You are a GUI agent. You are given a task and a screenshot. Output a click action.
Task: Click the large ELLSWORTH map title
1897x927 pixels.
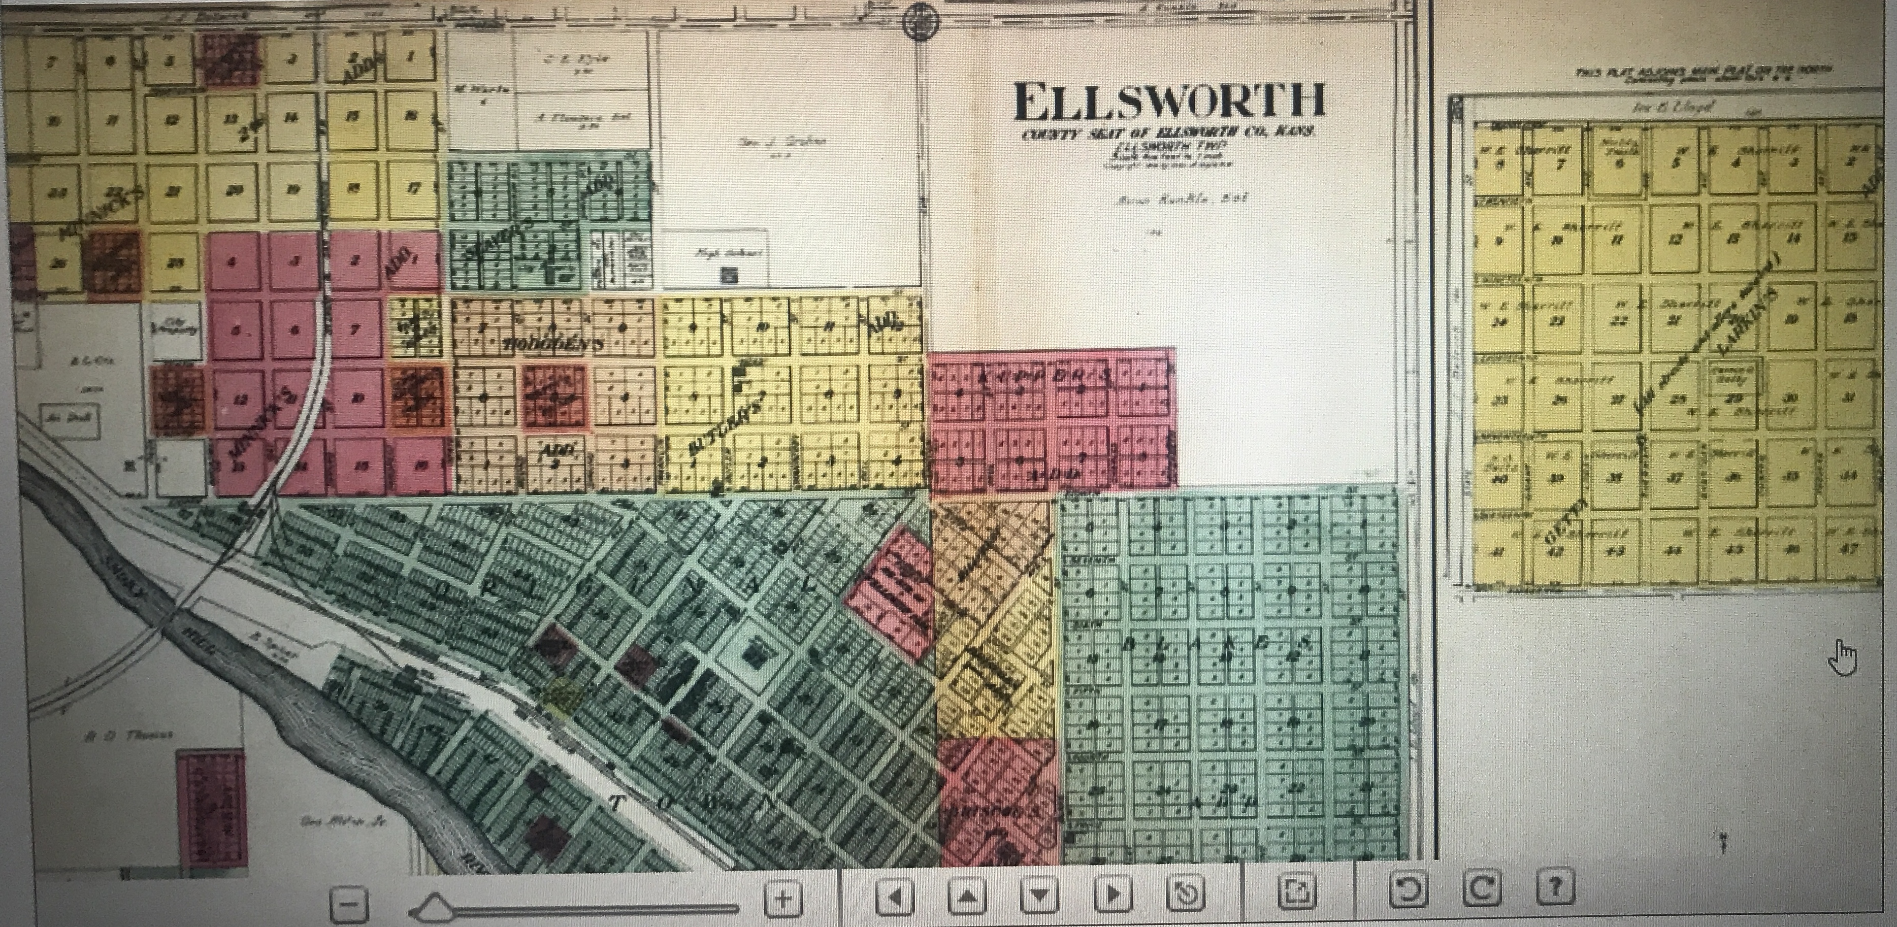[1169, 103]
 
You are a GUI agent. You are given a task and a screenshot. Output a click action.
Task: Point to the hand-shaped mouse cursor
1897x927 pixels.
[1843, 657]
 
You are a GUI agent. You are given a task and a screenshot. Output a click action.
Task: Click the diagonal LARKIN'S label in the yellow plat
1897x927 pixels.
[1746, 321]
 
